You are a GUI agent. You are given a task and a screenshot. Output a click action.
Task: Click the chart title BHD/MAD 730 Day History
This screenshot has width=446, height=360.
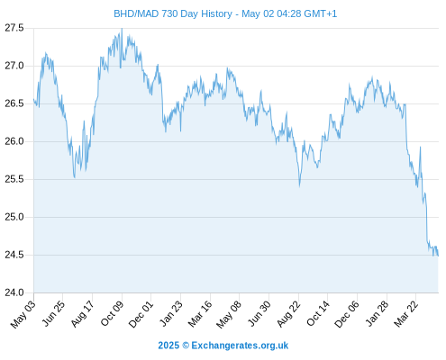[x=173, y=13]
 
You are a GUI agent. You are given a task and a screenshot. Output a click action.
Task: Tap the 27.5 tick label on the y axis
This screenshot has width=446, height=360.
[x=14, y=28]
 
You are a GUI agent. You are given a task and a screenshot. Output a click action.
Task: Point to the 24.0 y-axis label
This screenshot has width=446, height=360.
[x=14, y=292]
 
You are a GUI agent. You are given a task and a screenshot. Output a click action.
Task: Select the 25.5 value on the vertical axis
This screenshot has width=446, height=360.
[x=14, y=179]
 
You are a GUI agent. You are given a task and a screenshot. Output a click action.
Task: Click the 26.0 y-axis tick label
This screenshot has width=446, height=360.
[x=14, y=141]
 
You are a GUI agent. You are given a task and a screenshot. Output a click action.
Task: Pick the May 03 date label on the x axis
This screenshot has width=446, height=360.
[x=23, y=314]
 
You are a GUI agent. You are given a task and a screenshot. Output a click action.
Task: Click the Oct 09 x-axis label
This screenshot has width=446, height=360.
[x=112, y=314]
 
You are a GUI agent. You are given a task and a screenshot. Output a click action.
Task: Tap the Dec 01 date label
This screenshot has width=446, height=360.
[x=141, y=314]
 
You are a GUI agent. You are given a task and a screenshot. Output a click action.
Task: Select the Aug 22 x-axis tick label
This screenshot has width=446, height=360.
[x=288, y=314]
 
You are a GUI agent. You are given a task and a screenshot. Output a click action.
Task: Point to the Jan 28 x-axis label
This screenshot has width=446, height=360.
[x=377, y=314]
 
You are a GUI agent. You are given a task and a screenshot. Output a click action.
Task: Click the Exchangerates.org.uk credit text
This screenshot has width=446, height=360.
[x=240, y=346]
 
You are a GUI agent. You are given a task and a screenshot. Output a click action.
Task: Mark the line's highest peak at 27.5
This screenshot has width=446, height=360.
[x=122, y=29]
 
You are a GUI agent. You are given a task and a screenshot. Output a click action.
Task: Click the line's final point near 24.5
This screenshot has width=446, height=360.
[x=438, y=256]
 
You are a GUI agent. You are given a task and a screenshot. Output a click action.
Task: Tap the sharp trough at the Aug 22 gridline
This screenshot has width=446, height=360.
[x=299, y=186]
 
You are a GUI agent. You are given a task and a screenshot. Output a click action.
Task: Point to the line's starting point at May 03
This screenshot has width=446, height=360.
[x=34, y=99]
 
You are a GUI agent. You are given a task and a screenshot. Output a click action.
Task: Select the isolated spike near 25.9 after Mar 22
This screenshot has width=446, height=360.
[x=420, y=147]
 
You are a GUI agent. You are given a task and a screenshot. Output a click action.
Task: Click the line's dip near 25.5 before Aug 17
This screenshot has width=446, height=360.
[x=75, y=177]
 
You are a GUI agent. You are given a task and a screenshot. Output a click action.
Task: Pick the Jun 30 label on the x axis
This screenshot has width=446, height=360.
[x=259, y=314]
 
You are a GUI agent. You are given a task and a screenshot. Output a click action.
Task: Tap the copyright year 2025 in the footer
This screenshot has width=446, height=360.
[x=168, y=346]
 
